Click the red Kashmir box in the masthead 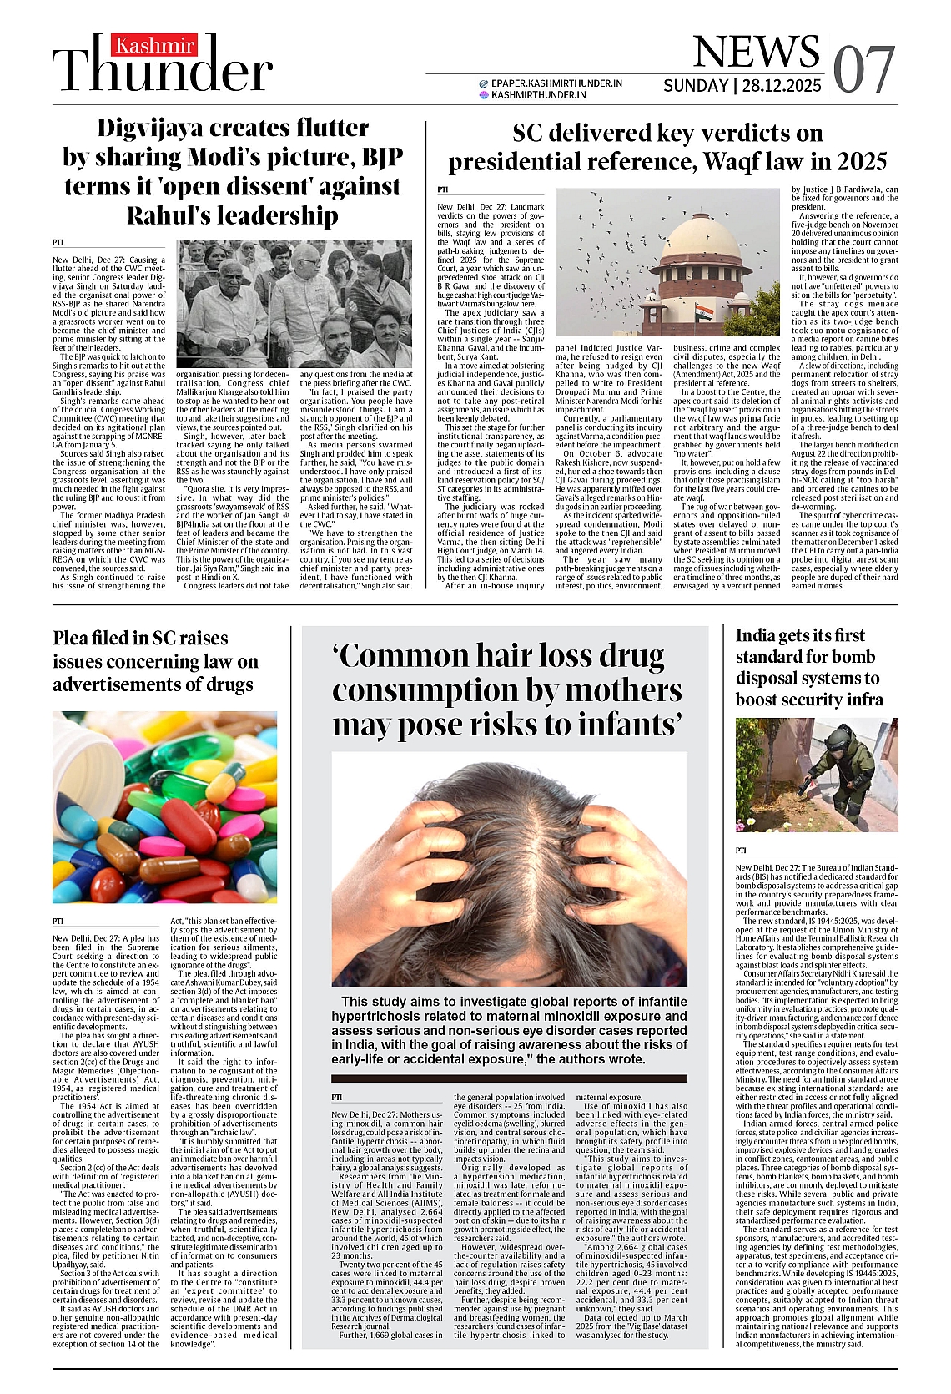[155, 45]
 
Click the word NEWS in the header [755, 52]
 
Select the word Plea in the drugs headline [73, 638]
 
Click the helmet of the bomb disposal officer [838, 735]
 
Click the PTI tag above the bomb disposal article [741, 851]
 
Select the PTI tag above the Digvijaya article [58, 242]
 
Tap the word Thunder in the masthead [164, 70]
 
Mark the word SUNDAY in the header [696, 86]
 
